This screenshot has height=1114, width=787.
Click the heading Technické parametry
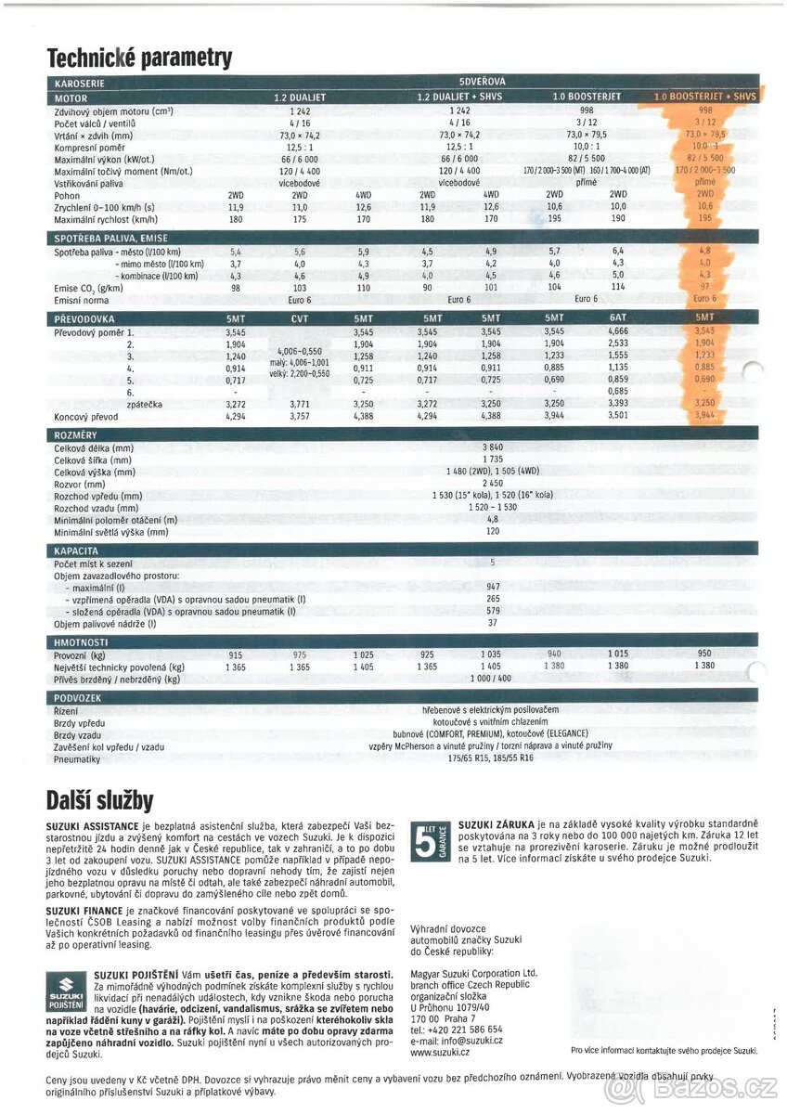tap(139, 58)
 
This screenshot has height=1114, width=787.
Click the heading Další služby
tap(100, 799)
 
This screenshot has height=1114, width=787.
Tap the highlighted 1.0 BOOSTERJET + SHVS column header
tap(704, 97)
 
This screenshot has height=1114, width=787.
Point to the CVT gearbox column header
tap(300, 317)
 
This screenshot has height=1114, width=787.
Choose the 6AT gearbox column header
tap(618, 317)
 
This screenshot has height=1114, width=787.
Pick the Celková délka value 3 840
tap(493, 447)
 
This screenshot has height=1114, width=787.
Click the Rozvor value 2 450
tap(493, 484)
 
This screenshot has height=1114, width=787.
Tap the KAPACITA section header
tap(76, 551)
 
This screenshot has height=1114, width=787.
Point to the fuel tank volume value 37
tap(493, 623)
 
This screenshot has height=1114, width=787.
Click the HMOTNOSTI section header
tap(82, 641)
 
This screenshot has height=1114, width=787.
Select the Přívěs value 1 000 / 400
tap(491, 679)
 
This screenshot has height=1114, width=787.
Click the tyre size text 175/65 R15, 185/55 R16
tap(491, 758)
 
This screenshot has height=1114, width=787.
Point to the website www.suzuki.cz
tap(440, 1052)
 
